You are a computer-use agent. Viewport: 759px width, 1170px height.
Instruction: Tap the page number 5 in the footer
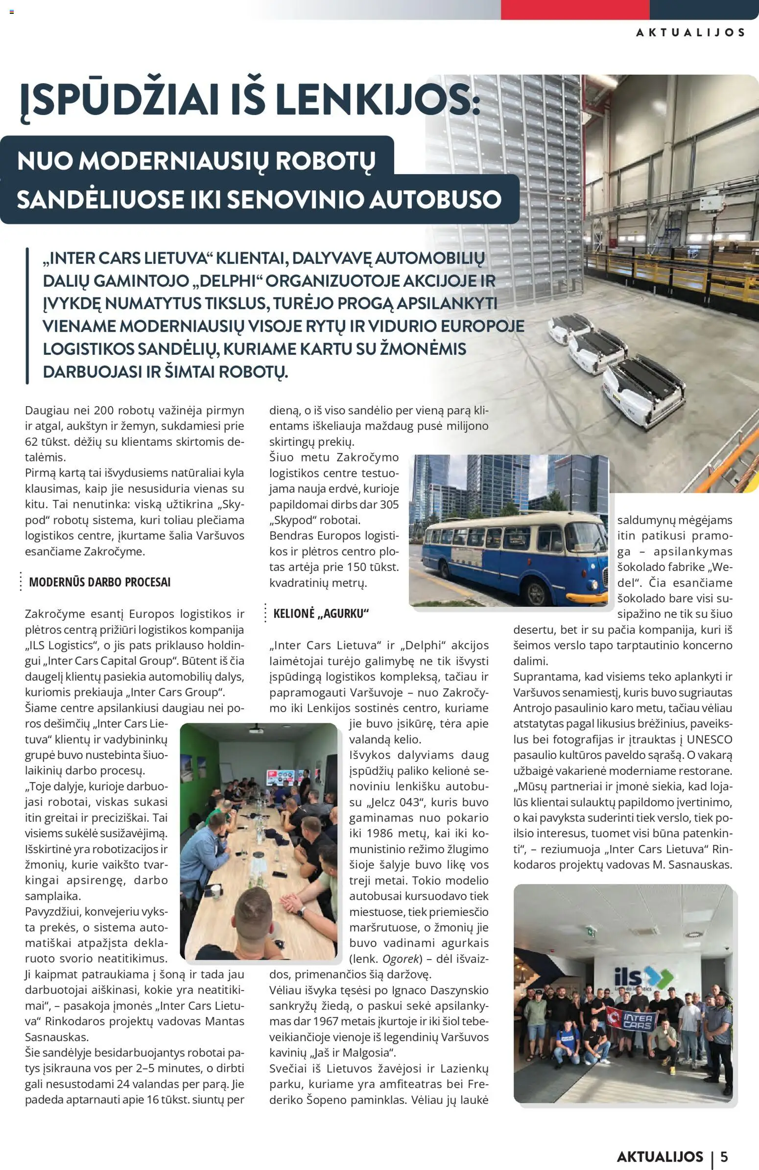(x=724, y=1156)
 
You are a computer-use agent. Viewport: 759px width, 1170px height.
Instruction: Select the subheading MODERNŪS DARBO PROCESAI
(x=99, y=582)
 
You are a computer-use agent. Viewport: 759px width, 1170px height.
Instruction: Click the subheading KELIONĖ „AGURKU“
(x=321, y=613)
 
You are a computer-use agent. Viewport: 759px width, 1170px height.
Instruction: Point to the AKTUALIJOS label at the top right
(x=690, y=32)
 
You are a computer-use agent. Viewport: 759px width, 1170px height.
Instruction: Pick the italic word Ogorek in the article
(x=401, y=959)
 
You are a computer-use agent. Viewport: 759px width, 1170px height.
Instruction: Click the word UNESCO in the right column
(x=710, y=739)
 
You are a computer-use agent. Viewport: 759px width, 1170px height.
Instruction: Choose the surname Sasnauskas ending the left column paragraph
(x=57, y=1037)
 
